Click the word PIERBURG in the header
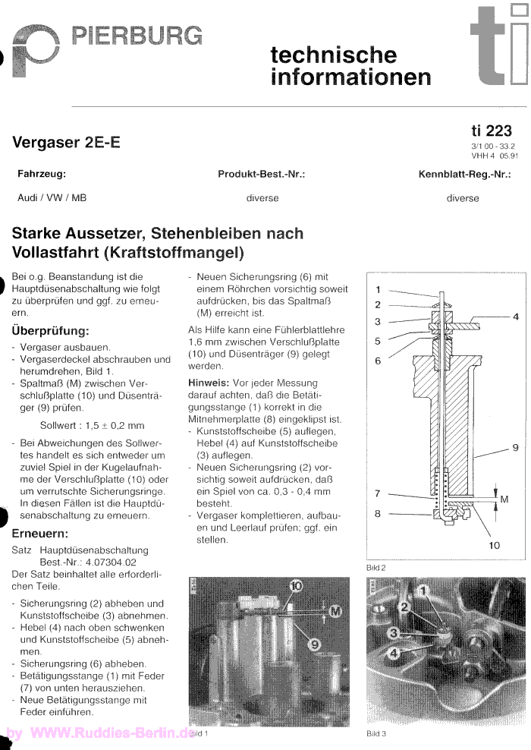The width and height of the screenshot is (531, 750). [x=137, y=35]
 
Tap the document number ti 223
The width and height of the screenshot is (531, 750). [x=492, y=131]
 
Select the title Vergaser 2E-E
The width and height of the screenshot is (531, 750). [x=66, y=143]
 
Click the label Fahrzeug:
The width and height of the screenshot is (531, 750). [x=42, y=174]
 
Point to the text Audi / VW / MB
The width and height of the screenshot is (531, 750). [x=52, y=198]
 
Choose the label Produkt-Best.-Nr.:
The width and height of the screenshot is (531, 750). [x=262, y=174]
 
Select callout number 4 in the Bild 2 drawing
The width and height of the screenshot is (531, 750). [x=515, y=317]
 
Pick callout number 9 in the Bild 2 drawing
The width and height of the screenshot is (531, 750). [x=515, y=448]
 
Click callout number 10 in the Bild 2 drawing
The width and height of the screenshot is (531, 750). [x=495, y=544]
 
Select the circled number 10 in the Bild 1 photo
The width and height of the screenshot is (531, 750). [x=295, y=586]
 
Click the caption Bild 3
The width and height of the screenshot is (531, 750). [x=376, y=734]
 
